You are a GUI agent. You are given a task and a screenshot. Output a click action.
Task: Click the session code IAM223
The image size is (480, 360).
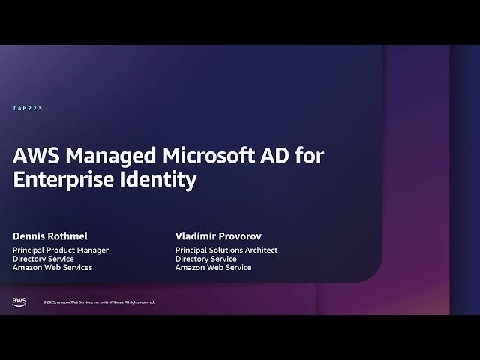[28, 109]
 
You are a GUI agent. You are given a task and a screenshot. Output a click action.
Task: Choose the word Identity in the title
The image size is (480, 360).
[160, 180]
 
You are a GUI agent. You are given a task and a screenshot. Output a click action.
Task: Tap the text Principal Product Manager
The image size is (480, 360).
[61, 250]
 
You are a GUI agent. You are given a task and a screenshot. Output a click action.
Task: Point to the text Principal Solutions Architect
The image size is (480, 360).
[226, 250]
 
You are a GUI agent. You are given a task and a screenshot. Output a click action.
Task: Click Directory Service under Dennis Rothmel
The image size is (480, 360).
[44, 259]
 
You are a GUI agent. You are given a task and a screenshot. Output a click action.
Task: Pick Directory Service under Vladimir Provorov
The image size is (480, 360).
[206, 259]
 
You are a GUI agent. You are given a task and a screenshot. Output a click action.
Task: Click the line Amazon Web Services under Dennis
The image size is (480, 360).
[52, 268]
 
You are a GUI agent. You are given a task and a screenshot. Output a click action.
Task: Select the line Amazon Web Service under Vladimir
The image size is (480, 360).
[214, 268]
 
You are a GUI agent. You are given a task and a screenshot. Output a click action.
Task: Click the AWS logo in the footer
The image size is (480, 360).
[19, 301]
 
